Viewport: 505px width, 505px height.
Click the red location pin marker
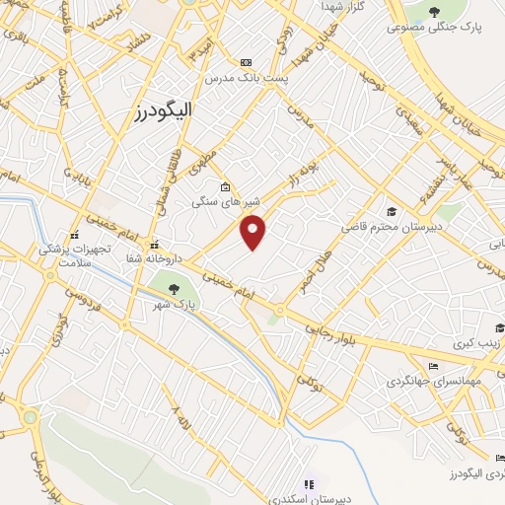click(x=254, y=232)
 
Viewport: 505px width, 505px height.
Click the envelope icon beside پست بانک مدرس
click(x=246, y=61)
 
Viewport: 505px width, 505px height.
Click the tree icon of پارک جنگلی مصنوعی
click(x=436, y=11)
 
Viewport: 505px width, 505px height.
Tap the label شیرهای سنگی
click(x=219, y=201)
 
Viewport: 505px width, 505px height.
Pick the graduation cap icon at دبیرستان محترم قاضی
click(x=392, y=211)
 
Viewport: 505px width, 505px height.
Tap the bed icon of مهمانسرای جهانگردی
click(x=434, y=366)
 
